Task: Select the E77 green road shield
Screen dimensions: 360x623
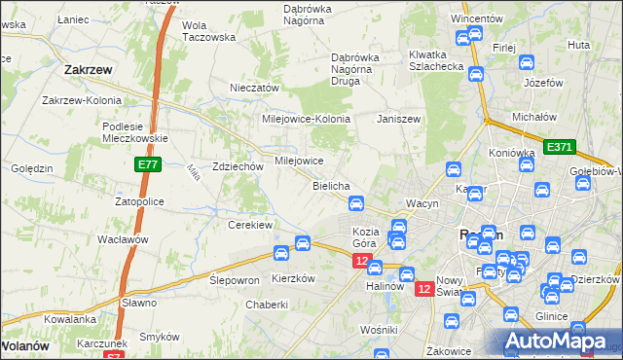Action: coord(147,166)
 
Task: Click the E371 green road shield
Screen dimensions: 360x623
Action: coord(560,147)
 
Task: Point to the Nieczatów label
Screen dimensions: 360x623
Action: coord(254,88)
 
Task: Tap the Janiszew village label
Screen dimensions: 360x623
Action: coord(398,119)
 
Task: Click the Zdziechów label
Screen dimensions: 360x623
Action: coord(238,166)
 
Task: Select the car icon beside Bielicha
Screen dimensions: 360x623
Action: coord(356,203)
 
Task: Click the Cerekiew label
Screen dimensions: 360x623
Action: coord(249,225)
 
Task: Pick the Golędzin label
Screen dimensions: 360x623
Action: coord(32,168)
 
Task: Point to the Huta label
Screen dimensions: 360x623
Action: coord(578,45)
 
